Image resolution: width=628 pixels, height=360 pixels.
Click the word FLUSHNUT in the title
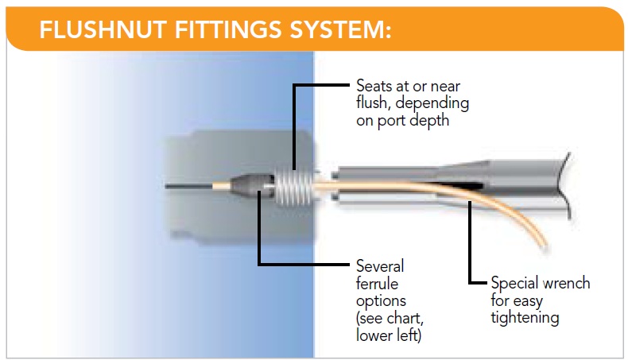point(103,29)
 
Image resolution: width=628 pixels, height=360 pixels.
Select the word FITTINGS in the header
point(228,29)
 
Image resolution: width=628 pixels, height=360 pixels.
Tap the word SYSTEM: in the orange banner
point(340,29)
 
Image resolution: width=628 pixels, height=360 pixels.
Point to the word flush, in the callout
point(374,103)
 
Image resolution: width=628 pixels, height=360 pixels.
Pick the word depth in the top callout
point(432,121)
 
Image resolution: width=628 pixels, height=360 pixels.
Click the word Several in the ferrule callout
point(380,266)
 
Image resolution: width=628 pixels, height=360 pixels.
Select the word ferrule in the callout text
point(378,284)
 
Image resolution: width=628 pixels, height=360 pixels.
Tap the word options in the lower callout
point(381,301)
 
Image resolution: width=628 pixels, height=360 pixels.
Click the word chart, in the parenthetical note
point(406,319)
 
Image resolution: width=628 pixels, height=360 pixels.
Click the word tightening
point(525,318)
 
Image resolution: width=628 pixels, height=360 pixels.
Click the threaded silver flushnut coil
point(294,187)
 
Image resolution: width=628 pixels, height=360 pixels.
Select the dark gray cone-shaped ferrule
point(251,186)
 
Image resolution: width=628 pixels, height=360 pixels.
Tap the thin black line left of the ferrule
point(188,186)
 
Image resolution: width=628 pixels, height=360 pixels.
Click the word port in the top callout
point(394,121)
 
